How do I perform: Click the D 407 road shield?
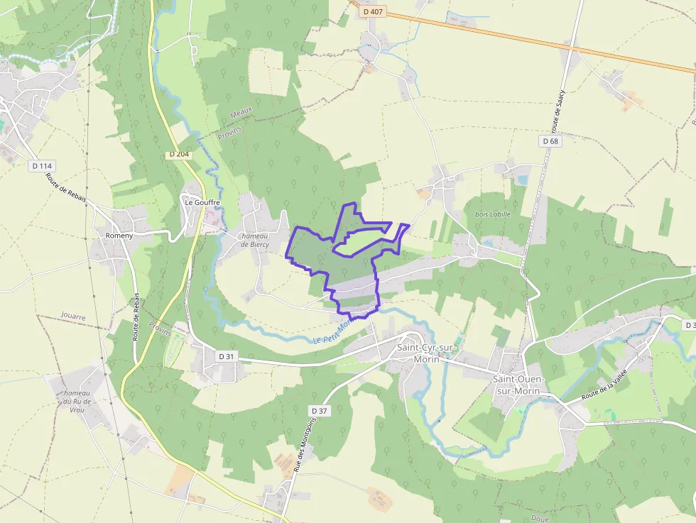(372, 11)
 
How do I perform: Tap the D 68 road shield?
(550, 141)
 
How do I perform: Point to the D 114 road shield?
(42, 166)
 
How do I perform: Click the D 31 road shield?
(226, 356)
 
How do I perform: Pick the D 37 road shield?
(320, 411)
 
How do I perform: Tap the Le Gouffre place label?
(202, 202)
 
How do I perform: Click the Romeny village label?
(119, 236)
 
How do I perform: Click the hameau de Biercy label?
(255, 240)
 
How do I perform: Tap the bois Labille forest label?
(493, 214)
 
